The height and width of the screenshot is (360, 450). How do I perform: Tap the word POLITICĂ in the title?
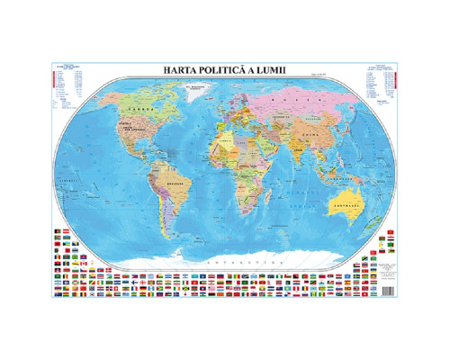(232, 68)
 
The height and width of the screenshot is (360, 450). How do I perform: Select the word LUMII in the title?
(284, 68)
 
